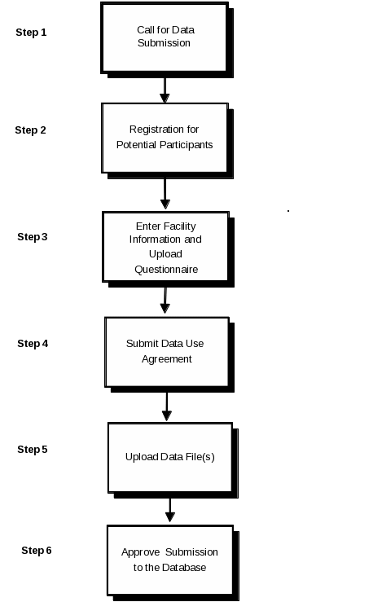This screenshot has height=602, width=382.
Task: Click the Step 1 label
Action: [31, 33]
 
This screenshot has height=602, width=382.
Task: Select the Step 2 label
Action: [30, 130]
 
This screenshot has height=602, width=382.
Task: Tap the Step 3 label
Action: [33, 237]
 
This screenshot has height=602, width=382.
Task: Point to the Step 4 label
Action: [33, 344]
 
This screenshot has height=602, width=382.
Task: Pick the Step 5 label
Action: [33, 450]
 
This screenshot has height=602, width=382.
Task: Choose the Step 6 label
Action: [37, 551]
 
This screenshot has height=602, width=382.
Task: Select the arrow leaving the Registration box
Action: [165, 194]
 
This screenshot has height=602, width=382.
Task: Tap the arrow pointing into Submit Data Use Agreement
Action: [165, 301]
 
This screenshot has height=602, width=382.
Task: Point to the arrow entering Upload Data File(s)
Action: [167, 406]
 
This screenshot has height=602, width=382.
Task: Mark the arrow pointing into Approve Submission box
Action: [170, 510]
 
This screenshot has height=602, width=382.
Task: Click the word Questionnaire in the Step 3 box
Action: [166, 270]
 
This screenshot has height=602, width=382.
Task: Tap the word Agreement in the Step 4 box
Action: [167, 359]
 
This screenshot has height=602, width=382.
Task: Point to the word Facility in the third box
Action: [180, 226]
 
